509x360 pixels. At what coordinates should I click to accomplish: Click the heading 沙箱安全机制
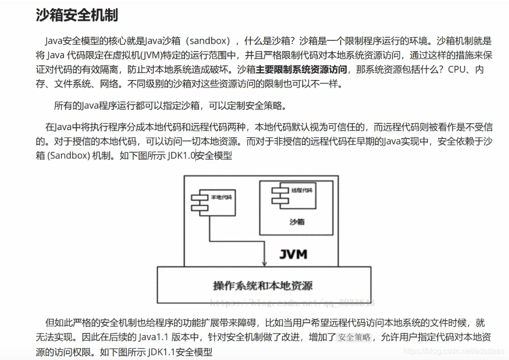(x=77, y=15)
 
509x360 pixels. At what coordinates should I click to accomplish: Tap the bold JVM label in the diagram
(x=293, y=254)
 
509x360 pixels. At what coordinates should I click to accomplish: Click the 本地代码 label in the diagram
(x=221, y=197)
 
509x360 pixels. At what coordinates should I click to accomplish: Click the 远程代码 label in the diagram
(x=302, y=190)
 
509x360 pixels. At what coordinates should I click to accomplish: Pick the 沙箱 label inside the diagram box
(x=297, y=222)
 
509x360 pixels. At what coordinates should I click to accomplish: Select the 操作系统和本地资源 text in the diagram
(x=263, y=285)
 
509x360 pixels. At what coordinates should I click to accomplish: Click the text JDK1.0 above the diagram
(x=182, y=156)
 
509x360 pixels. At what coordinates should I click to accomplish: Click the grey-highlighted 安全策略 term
(x=355, y=337)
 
